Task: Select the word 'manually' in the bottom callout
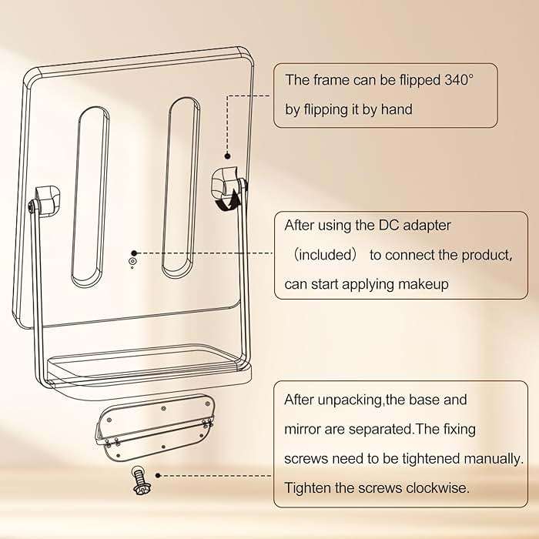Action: click(x=494, y=458)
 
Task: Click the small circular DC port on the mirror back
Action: click(x=133, y=263)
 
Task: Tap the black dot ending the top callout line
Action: click(x=226, y=155)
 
